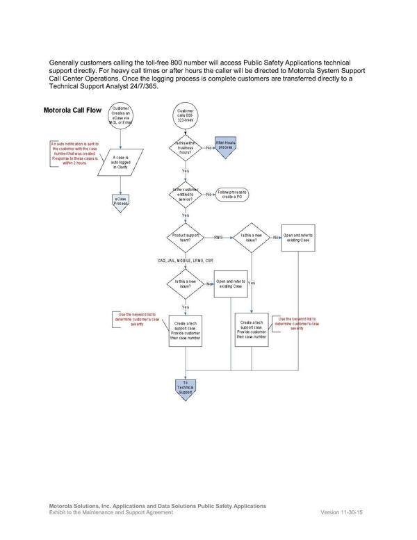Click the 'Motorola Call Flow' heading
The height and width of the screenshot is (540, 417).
coord(72,111)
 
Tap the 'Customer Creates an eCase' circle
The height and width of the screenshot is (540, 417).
coord(121,115)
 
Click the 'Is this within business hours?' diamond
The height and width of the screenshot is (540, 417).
coord(186,147)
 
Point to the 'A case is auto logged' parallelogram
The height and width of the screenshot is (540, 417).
coord(122,161)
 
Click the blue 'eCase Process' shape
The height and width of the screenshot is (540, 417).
coord(121,200)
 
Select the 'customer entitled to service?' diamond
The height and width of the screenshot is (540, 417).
coord(186,193)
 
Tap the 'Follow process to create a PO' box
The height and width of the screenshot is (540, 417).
coord(232,193)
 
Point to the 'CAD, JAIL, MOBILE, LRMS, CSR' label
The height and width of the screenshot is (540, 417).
coord(185,260)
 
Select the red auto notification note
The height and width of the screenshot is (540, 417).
coord(75,155)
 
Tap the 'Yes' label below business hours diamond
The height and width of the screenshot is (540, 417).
coord(186,170)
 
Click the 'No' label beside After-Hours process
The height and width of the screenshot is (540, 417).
coord(208,148)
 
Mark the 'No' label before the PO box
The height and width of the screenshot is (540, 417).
coord(208,194)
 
